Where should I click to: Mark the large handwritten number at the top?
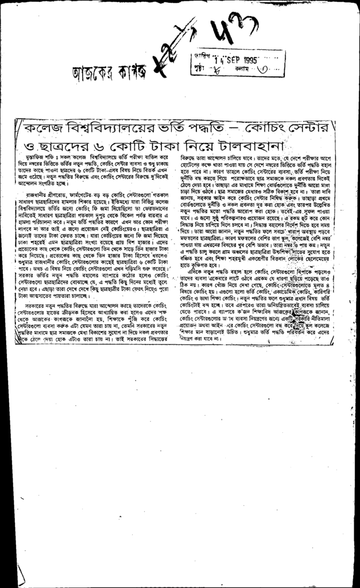(223, 33)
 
